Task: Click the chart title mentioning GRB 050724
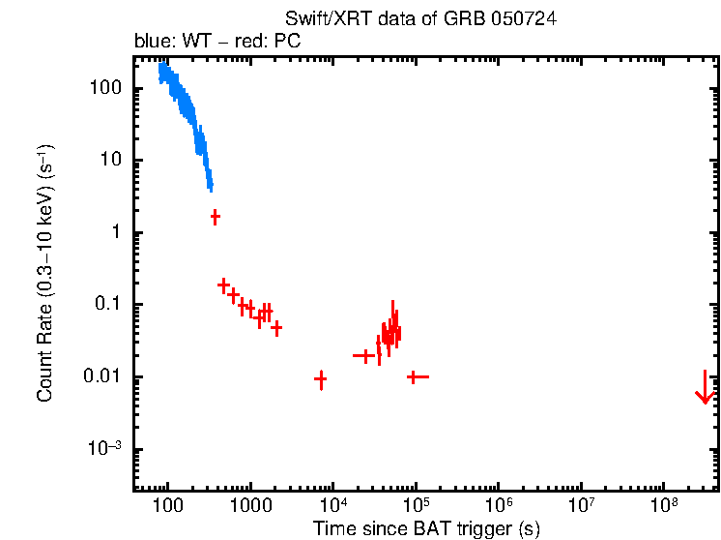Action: (x=420, y=19)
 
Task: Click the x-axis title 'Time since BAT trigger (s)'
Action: (x=425, y=528)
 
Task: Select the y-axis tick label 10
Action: (x=110, y=161)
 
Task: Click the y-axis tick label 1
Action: (x=115, y=232)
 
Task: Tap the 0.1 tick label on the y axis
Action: (x=107, y=305)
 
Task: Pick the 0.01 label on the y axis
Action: (x=103, y=376)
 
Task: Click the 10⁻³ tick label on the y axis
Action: (x=106, y=448)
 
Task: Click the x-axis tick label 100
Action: (x=168, y=506)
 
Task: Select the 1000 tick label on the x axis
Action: (x=250, y=506)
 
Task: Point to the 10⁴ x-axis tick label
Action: (x=333, y=505)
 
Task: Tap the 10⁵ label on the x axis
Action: (x=416, y=505)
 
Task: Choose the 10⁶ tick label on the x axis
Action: (x=499, y=505)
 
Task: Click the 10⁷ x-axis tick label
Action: (x=581, y=505)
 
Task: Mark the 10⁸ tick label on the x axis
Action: (x=664, y=505)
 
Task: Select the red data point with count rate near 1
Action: (x=215, y=217)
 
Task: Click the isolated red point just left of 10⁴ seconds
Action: (x=321, y=379)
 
